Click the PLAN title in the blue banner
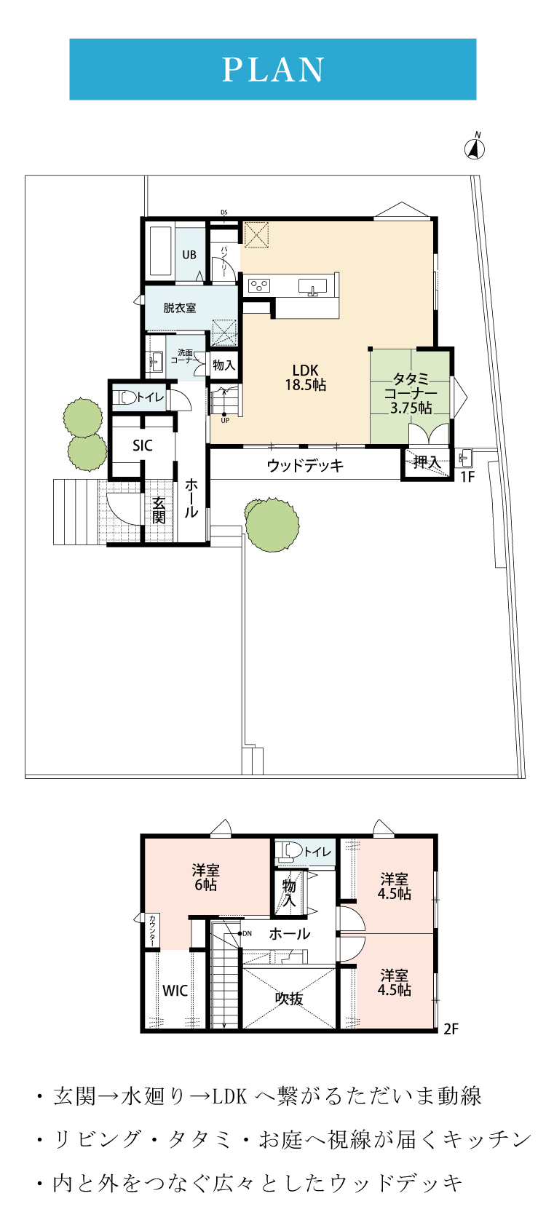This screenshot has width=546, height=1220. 273,70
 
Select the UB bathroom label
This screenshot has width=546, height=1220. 189,255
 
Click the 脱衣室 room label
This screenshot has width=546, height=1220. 179,308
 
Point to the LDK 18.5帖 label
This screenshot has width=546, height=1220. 305,378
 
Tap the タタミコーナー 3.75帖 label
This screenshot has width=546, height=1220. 411,393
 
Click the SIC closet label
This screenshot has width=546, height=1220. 142,445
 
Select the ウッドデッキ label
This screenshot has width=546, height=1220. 305,466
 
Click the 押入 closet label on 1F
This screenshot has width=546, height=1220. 427,463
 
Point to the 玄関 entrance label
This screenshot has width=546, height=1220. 159,510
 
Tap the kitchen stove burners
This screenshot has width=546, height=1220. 259,285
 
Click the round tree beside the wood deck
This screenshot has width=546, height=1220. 272,525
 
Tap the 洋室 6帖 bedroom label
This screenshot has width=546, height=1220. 205,877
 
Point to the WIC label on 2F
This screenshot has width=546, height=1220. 175,991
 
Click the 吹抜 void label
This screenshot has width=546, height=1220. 289,998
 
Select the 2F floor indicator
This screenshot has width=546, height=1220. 451,1029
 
